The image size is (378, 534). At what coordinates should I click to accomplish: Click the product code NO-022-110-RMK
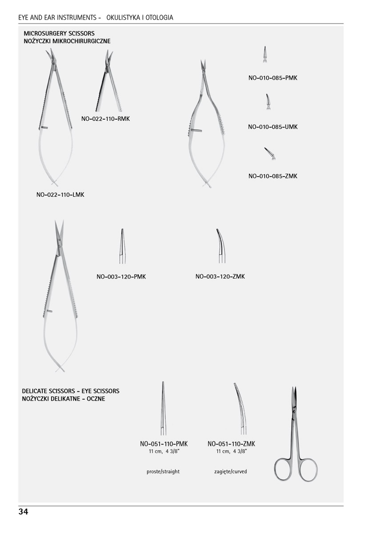[x=105, y=119]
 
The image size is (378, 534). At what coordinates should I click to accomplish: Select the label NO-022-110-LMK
[x=60, y=194]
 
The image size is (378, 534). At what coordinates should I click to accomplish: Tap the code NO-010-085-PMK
[x=273, y=78]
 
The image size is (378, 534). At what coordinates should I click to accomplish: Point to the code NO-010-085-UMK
[x=273, y=127]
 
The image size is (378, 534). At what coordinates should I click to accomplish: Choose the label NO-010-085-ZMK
[x=273, y=176]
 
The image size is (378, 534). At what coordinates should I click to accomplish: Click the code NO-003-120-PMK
[x=121, y=277]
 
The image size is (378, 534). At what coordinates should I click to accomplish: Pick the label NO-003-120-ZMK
[x=220, y=277]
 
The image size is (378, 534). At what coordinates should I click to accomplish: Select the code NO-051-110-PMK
[x=164, y=444]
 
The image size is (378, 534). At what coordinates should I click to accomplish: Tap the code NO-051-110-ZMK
[x=231, y=444]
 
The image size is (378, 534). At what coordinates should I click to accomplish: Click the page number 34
[x=23, y=512]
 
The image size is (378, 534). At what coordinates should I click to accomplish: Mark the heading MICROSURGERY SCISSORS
[x=59, y=33]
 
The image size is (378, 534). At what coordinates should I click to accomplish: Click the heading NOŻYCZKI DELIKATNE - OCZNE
[x=64, y=399]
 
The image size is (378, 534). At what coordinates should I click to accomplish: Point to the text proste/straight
[x=163, y=471]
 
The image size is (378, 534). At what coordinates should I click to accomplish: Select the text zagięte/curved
[x=230, y=471]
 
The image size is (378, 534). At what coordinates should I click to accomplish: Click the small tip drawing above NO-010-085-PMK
[x=265, y=55]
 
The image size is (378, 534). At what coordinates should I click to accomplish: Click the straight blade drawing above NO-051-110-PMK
[x=163, y=408]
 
